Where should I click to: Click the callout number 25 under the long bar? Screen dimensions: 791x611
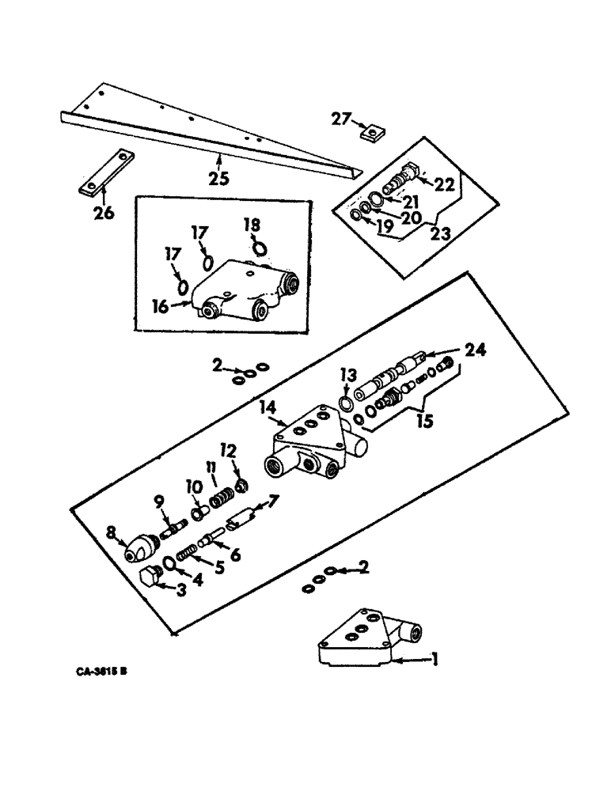point(219,178)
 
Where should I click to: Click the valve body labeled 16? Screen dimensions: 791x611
point(245,291)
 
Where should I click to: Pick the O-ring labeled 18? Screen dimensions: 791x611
point(260,248)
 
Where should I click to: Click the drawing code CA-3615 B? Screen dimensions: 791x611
point(102,672)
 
